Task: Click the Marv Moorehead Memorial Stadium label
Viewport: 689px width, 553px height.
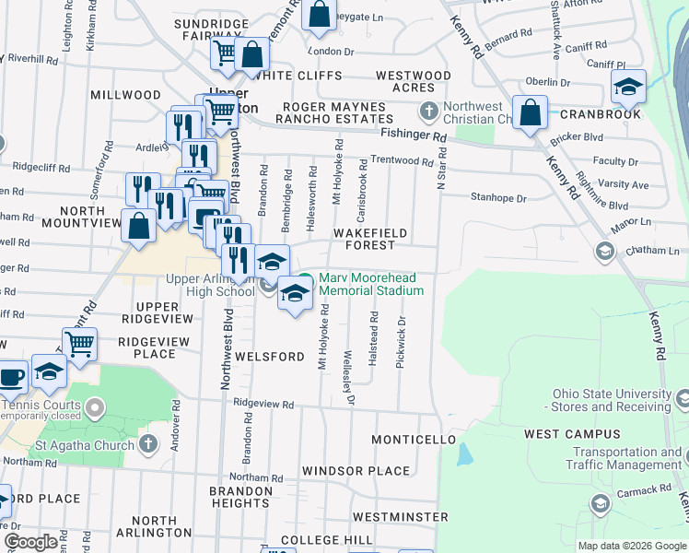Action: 371,284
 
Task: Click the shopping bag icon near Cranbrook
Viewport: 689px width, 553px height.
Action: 531,113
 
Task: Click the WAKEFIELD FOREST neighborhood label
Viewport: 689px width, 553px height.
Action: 370,240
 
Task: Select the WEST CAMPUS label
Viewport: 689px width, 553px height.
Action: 559,433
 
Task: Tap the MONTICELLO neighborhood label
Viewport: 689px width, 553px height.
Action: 415,441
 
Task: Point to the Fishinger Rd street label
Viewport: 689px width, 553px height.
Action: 414,135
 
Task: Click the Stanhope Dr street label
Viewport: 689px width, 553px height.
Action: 498,198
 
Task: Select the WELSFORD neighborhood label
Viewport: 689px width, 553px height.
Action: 269,357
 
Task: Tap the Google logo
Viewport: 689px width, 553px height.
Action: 30,542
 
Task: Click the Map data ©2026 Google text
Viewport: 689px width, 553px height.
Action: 631,545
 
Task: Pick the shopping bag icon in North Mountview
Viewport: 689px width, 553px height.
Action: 138,226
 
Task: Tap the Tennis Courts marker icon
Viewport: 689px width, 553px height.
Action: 95,406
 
